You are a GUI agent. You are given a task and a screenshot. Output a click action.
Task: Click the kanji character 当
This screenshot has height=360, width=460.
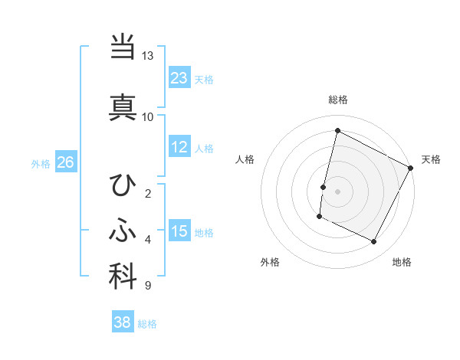[x=123, y=47]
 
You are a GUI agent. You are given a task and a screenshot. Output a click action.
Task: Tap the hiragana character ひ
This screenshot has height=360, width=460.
[x=123, y=185]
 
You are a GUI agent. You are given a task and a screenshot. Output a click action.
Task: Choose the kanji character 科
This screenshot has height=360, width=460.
[x=123, y=277]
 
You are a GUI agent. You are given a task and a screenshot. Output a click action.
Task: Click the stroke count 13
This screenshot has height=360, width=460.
[x=148, y=56]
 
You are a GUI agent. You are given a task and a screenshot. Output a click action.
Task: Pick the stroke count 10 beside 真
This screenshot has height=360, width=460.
[x=148, y=116]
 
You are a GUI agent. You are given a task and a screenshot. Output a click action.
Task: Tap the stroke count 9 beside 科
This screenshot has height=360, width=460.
[x=147, y=286]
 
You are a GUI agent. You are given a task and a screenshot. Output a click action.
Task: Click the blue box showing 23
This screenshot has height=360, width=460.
[x=179, y=77]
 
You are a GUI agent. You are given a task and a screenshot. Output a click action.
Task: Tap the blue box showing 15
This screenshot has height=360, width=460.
[x=179, y=231]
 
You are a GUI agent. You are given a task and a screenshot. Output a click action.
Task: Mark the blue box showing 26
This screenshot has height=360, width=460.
[x=65, y=162]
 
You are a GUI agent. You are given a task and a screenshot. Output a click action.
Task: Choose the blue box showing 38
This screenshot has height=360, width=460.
[x=123, y=322]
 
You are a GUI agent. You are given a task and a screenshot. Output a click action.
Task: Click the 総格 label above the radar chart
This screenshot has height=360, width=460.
[x=338, y=100]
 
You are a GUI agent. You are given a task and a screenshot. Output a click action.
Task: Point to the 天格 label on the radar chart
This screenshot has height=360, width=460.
[x=431, y=159]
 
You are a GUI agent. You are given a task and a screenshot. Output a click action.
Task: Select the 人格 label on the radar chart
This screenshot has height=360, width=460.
[x=245, y=159]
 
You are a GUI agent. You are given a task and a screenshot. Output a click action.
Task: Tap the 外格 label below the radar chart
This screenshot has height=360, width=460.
[x=270, y=262]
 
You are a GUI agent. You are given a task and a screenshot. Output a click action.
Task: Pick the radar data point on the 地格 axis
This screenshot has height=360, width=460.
[x=374, y=242]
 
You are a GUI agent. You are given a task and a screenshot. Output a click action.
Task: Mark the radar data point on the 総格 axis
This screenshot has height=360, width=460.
[x=337, y=131]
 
